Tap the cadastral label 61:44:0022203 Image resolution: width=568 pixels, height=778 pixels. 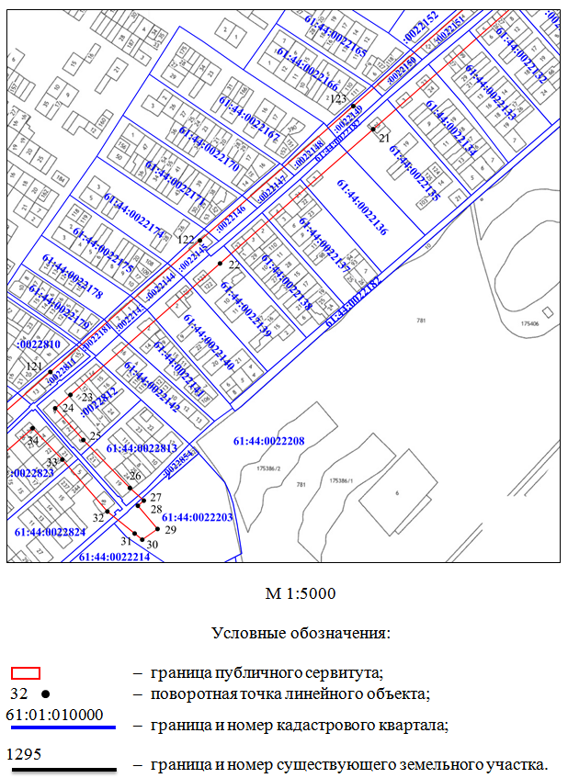tap(197, 517)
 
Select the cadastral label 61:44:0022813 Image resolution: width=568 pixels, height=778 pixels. tap(142, 448)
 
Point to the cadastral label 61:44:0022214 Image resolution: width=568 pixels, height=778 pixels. tap(114, 557)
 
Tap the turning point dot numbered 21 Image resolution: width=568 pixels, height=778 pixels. tap(374, 130)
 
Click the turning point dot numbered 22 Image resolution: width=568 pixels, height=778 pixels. tap(220, 264)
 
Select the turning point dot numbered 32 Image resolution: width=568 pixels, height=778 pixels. tap(108, 511)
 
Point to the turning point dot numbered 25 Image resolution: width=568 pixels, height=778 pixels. tap(83, 440)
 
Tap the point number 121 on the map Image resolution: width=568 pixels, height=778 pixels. tap(34, 366)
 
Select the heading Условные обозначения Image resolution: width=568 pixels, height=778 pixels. tap(301, 633)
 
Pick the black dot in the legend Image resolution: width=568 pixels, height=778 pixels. tap(45, 693)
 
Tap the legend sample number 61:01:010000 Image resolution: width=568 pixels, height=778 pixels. tap(54, 714)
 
